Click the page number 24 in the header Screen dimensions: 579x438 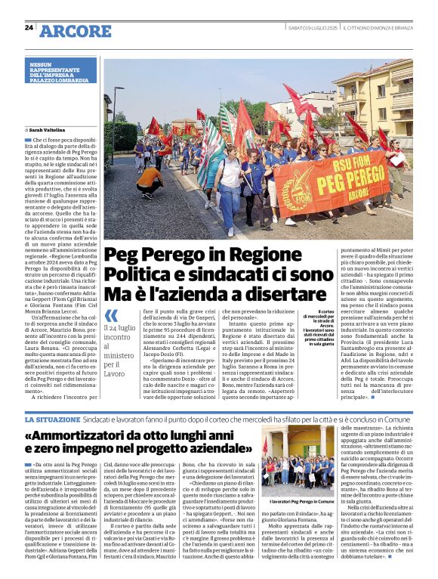(29, 27)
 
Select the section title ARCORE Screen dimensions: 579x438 (75, 31)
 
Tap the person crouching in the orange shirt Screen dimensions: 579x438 (150, 181)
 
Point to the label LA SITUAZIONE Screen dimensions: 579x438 (51, 419)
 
